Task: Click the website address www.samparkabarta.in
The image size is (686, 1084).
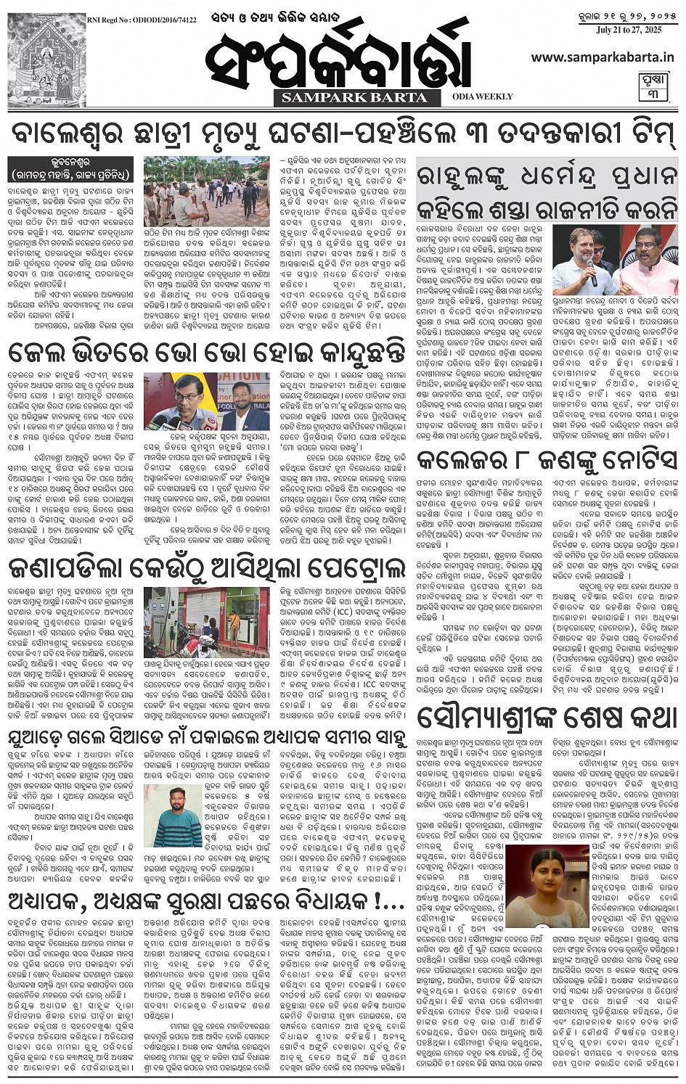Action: [602, 57]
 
